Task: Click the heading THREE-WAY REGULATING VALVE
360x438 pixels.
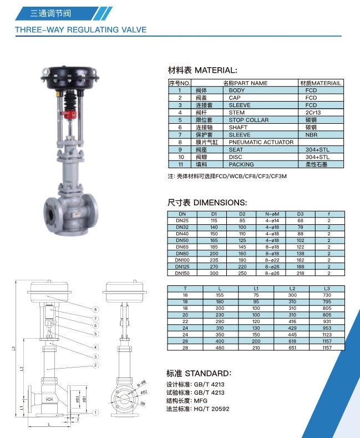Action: [80, 29]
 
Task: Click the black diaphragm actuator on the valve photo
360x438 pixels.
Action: [70, 77]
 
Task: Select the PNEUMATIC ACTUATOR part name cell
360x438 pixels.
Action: [261, 142]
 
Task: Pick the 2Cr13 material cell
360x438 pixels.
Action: [313, 113]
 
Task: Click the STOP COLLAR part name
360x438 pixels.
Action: [249, 120]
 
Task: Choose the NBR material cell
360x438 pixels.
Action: [311, 135]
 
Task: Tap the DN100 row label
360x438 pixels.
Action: [182, 260]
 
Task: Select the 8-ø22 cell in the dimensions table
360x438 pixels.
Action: [272, 260]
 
